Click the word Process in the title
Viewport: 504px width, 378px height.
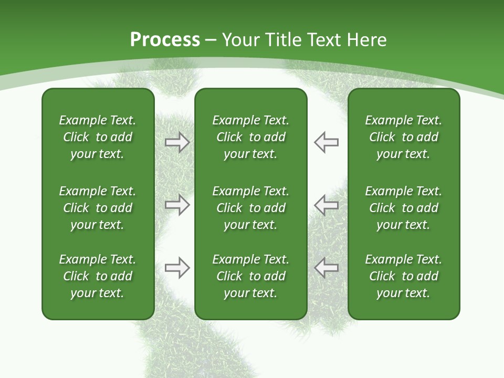[165, 39]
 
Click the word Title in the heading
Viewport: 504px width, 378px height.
[284, 39]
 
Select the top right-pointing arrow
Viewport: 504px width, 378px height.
[177, 142]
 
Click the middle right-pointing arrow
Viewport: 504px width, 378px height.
[177, 205]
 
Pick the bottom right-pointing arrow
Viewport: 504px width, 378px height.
[177, 268]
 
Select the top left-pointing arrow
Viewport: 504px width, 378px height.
[326, 142]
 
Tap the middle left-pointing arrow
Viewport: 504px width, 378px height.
[326, 205]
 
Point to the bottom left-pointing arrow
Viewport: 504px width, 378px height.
[326, 268]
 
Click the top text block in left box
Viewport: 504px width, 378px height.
[98, 137]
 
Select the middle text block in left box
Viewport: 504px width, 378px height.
[98, 208]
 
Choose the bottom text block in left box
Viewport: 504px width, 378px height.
[98, 276]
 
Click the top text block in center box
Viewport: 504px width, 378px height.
[251, 137]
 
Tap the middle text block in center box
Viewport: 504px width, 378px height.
[251, 208]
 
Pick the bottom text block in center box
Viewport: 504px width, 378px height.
[251, 276]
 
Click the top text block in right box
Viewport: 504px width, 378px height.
[404, 137]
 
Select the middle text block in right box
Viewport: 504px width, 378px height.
[404, 208]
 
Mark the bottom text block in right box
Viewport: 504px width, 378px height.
[404, 276]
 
